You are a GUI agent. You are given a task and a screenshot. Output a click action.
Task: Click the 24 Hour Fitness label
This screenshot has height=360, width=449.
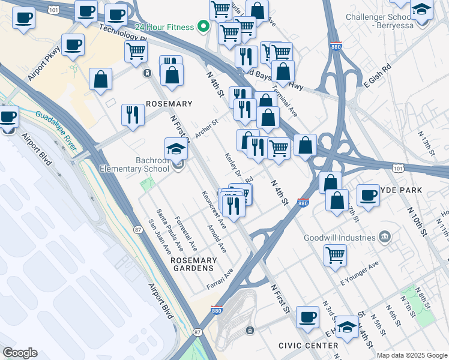tap(164, 27)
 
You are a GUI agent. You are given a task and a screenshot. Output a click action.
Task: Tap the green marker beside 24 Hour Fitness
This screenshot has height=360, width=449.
tap(203, 26)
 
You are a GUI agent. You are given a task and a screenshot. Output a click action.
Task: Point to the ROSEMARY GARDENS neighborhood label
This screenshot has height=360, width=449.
tap(193, 265)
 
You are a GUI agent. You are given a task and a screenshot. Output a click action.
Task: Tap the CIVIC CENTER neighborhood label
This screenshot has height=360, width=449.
tap(308, 346)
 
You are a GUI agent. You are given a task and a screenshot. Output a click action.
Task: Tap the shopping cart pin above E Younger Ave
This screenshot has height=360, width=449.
tap(335, 254)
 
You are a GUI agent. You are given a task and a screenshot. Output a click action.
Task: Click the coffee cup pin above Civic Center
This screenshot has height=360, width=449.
tap(308, 317)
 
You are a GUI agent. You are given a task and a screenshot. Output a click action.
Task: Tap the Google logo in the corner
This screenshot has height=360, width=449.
tap(20, 353)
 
